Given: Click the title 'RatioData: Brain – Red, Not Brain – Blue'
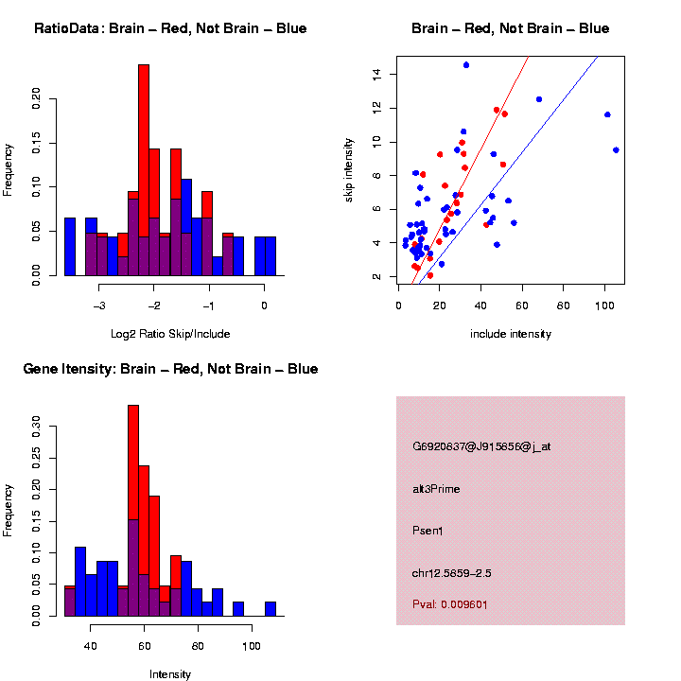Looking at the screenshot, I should [170, 28].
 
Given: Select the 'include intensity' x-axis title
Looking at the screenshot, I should [511, 333].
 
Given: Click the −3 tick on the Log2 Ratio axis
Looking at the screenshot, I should [100, 304].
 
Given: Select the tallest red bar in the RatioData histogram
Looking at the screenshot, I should [144, 161].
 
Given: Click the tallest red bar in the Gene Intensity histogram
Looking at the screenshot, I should [133, 463].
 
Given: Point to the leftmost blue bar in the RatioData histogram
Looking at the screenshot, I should [69, 246].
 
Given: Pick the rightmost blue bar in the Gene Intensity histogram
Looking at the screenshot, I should [271, 608].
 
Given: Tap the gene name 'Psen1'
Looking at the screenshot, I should [428, 530].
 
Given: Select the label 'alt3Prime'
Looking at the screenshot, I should [436, 489].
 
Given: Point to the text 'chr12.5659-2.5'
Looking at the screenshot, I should [451, 572].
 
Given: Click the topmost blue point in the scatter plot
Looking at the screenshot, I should [466, 65].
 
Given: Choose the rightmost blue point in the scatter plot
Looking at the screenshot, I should [616, 149].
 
